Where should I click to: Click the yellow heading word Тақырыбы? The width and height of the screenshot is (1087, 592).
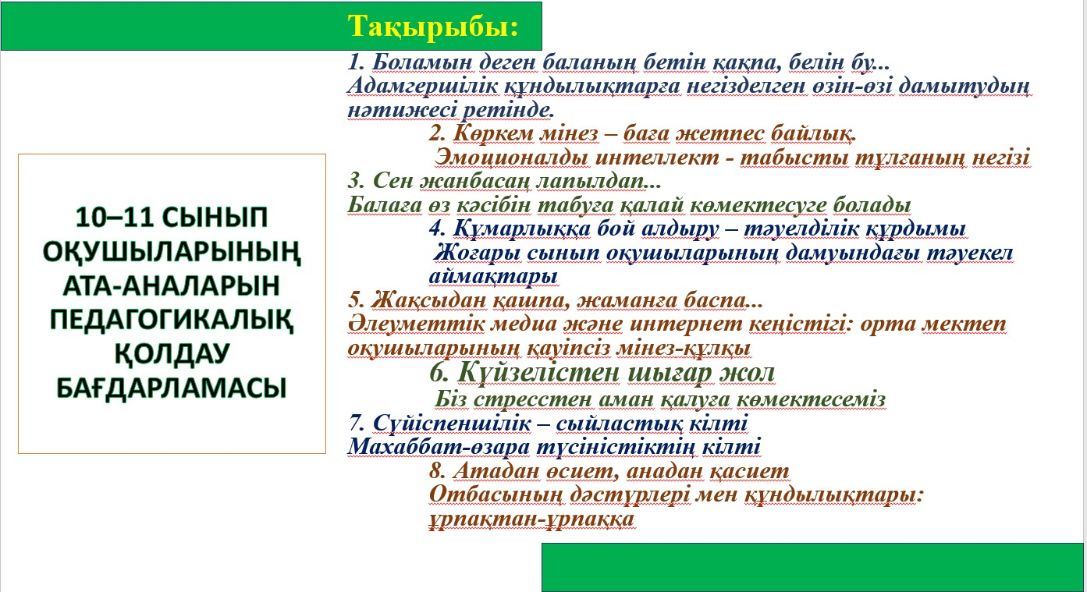[x=433, y=27]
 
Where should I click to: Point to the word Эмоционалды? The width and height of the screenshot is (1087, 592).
[x=511, y=158]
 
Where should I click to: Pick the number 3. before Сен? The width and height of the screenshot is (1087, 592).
[x=356, y=181]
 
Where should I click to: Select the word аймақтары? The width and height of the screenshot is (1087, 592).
[x=493, y=277]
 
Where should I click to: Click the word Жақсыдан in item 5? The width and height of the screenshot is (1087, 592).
[x=428, y=300]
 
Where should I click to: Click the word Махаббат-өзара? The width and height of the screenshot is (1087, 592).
[x=439, y=447]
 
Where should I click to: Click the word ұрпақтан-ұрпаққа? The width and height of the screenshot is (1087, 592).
[x=531, y=519]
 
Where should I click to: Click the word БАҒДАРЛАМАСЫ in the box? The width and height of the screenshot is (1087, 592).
[x=172, y=388]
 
